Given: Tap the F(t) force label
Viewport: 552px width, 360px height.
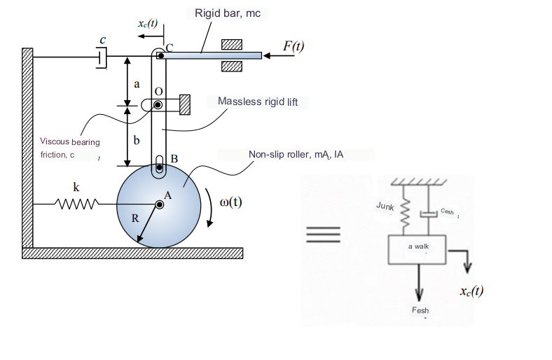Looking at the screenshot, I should tap(293, 46).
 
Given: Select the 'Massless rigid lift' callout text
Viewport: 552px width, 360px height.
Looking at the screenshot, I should tap(258, 102).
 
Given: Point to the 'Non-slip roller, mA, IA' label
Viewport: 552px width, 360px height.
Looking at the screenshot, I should tap(296, 154).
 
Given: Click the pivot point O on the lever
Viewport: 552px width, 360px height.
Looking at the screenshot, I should tap(158, 105).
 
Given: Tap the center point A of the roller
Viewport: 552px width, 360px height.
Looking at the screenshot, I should tap(160, 204).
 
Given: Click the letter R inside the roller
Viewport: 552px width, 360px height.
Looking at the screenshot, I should tap(136, 218).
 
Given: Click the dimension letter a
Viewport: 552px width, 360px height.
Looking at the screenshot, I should tap(137, 83).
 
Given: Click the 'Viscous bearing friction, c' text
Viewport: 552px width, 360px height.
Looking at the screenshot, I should tap(70, 148).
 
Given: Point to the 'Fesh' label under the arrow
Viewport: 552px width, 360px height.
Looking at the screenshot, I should tap(420, 310).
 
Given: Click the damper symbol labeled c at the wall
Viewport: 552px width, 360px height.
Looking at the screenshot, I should tap(102, 57).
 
